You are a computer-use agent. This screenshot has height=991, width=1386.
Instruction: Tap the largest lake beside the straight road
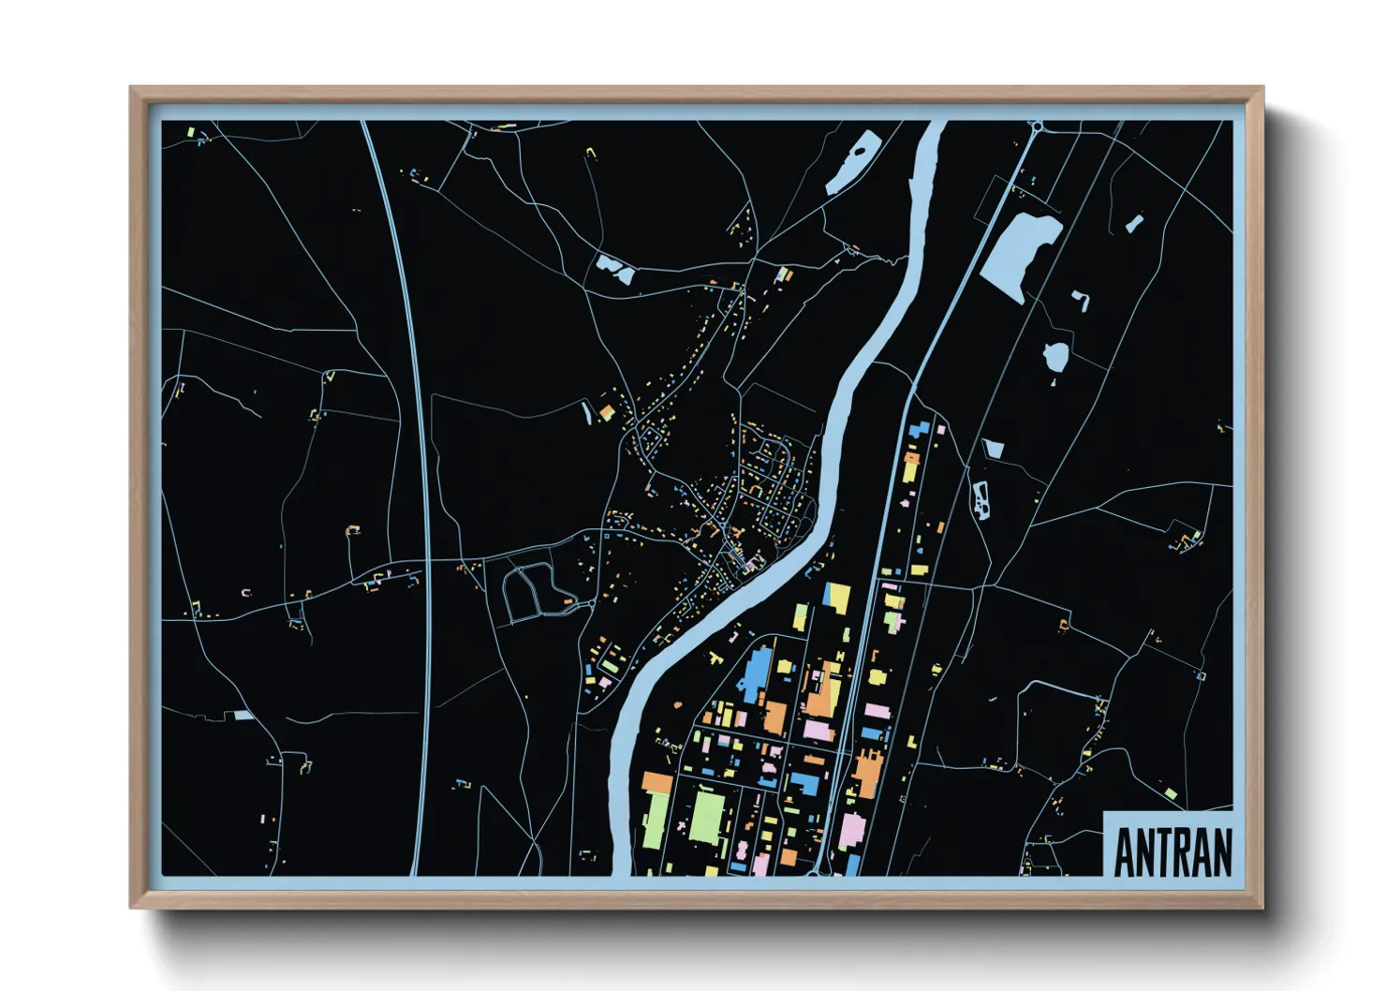coord(1019,247)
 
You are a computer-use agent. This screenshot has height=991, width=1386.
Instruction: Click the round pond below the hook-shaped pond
coord(1056,357)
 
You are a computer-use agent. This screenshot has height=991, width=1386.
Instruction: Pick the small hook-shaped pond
coord(1082,300)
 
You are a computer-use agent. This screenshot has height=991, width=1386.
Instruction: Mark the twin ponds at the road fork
coord(614,271)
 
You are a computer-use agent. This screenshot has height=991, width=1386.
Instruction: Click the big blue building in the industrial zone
coord(757,673)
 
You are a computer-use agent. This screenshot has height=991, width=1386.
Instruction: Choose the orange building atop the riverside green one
coord(656,781)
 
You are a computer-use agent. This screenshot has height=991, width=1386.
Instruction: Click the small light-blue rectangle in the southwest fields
coord(243,716)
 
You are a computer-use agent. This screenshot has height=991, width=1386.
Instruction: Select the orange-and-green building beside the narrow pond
coord(607,411)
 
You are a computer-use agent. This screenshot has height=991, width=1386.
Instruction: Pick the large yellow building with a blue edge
coord(836,598)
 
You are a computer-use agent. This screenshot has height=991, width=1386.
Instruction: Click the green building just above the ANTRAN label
coord(1170,794)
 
